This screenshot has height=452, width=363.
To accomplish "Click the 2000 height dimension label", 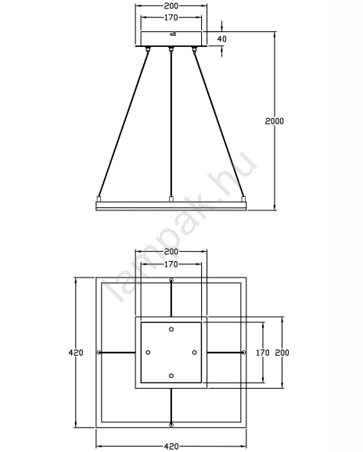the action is [x=274, y=121].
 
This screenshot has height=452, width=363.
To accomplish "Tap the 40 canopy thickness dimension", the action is [x=221, y=38].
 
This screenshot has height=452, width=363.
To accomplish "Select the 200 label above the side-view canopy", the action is [x=171, y=5].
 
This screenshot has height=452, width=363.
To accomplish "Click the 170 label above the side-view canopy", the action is [x=171, y=17].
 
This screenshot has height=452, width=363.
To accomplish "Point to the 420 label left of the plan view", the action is [x=76, y=352].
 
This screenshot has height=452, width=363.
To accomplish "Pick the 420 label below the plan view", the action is [x=171, y=447].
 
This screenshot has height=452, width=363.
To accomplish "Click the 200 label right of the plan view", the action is [x=282, y=352].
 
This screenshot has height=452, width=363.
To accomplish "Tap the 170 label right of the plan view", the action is [x=263, y=352].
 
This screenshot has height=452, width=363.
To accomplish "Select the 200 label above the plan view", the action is [x=171, y=252].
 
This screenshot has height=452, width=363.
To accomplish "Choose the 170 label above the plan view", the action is [x=171, y=264].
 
